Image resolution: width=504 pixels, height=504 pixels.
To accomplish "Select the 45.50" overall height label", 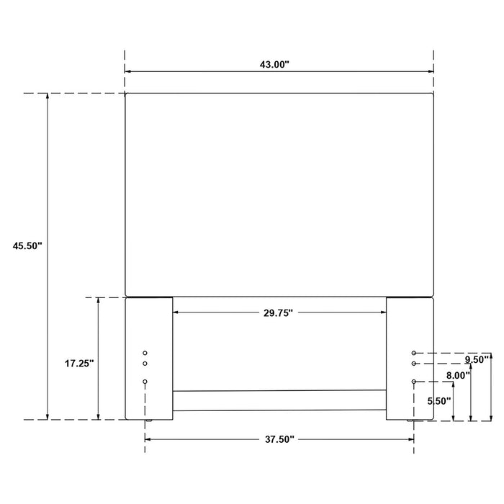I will [x=28, y=246].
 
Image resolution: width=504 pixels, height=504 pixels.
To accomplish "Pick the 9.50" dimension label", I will [x=477, y=359].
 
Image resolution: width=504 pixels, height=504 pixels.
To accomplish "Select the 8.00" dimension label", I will [x=458, y=375].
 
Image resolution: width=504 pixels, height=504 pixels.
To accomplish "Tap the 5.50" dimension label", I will [x=438, y=400].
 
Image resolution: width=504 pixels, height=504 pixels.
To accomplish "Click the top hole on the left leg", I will [x=145, y=354].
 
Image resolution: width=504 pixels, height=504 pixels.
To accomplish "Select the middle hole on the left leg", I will [x=145, y=364].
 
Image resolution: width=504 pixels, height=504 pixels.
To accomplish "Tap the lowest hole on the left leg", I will [x=145, y=381].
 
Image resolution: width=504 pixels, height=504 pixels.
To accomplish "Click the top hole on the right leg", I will [x=414, y=354].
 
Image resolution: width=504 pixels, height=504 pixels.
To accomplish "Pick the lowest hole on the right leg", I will [x=414, y=381].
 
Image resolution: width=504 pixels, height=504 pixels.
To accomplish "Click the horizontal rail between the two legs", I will [x=279, y=400].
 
